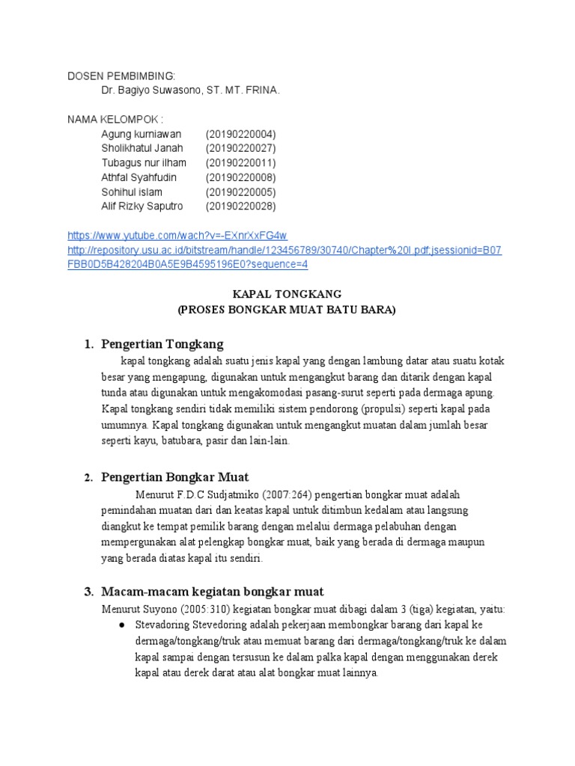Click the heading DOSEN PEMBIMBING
pyautogui.click(x=121, y=76)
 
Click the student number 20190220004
pyautogui.click(x=240, y=134)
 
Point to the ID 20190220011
pyautogui.click(x=240, y=163)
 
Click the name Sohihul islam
pyautogui.click(x=132, y=191)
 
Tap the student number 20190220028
pyautogui.click(x=240, y=206)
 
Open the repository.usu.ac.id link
pyautogui.click(x=285, y=250)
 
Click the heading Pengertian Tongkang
pyautogui.click(x=162, y=344)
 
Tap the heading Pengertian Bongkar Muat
pyautogui.click(x=175, y=477)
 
